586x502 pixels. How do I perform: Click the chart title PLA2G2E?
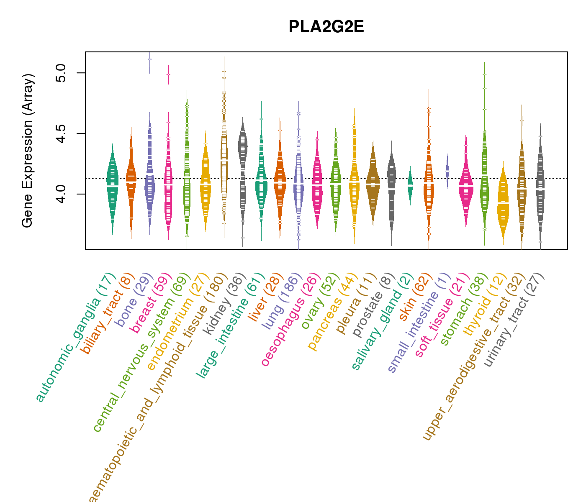[x=326, y=27]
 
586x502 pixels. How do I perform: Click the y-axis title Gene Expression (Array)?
[x=28, y=151]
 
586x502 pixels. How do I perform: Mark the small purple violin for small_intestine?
[x=447, y=171]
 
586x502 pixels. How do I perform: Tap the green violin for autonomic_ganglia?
[x=112, y=184]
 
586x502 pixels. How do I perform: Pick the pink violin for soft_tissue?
[x=466, y=184]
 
